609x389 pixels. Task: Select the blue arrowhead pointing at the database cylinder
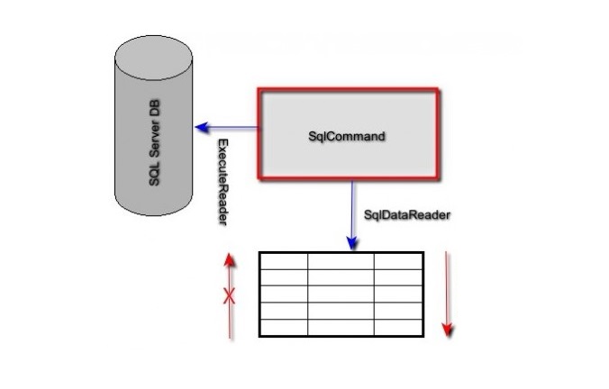[x=204, y=127]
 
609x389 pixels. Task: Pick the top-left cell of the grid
[x=284, y=260]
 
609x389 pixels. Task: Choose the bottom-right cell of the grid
[x=399, y=327]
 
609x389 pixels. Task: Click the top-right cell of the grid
[x=399, y=260]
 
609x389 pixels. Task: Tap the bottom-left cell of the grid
[x=284, y=327]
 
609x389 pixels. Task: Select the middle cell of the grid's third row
[x=341, y=294]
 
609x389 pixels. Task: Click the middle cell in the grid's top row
[x=341, y=260]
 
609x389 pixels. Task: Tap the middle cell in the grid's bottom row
[x=341, y=327]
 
